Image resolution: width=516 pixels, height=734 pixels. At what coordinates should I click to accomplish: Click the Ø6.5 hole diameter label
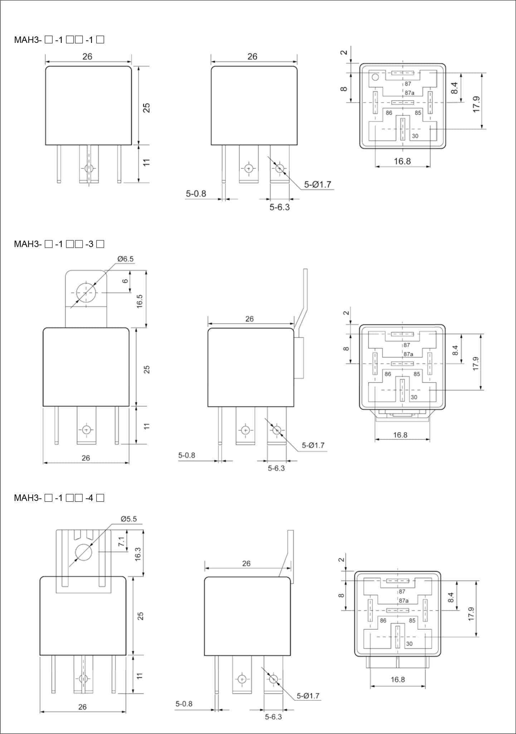pyautogui.click(x=126, y=259)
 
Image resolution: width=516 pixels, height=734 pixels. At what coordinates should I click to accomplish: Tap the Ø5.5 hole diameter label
pyautogui.click(x=129, y=519)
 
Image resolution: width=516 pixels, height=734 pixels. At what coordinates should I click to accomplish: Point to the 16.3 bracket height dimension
pyautogui.click(x=138, y=554)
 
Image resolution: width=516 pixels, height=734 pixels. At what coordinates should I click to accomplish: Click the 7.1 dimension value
pyautogui.click(x=121, y=541)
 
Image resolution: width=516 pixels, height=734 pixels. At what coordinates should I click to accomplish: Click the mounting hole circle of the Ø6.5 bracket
pyautogui.click(x=86, y=292)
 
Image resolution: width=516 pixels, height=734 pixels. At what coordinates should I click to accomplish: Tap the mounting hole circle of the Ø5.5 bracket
pyautogui.click(x=84, y=552)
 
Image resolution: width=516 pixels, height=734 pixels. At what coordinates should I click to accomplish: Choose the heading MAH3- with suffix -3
pyautogui.click(x=59, y=244)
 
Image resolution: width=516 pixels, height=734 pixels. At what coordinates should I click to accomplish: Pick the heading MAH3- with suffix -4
pyautogui.click(x=59, y=498)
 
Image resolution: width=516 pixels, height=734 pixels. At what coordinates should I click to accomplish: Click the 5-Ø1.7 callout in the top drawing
pyautogui.click(x=318, y=184)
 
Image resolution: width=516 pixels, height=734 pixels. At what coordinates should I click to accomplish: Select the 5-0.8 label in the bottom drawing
pyautogui.click(x=184, y=704)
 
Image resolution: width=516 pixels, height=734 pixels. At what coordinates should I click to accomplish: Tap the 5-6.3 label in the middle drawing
pyautogui.click(x=276, y=468)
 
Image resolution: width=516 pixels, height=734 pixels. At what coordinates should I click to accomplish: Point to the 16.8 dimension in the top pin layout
pyautogui.click(x=402, y=161)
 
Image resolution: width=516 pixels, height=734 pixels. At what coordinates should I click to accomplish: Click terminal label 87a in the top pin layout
pyautogui.click(x=410, y=93)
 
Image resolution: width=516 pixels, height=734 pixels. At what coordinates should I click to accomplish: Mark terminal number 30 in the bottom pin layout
pyautogui.click(x=409, y=644)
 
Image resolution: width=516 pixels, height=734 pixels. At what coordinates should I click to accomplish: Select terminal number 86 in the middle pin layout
pyautogui.click(x=388, y=374)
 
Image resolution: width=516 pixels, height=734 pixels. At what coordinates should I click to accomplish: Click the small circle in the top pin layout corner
pyautogui.click(x=375, y=77)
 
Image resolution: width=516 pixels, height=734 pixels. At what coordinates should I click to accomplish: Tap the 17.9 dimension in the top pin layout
pyautogui.click(x=476, y=104)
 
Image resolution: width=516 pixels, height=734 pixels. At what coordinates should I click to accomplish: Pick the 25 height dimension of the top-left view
pyautogui.click(x=146, y=108)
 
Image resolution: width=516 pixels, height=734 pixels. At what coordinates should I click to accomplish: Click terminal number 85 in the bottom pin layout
pyautogui.click(x=412, y=620)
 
